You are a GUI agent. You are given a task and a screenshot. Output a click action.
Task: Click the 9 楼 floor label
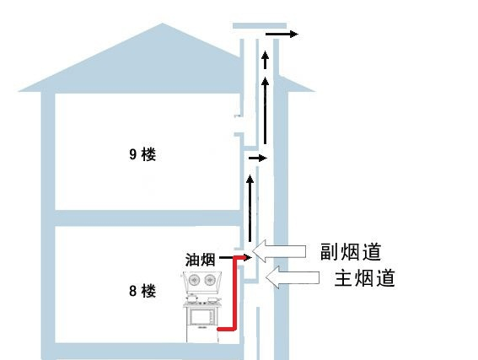tap(142, 154)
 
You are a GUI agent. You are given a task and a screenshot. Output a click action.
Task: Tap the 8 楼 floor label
tap(142, 291)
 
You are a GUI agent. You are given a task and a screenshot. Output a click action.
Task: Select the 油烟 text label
tap(201, 260)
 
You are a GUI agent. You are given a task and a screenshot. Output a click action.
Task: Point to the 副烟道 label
tap(351, 251)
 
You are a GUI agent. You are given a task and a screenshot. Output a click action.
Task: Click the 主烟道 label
tap(364, 277)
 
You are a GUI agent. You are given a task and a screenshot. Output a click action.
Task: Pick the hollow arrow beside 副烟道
tap(279, 251)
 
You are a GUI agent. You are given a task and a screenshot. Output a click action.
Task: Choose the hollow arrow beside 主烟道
tap(293, 277)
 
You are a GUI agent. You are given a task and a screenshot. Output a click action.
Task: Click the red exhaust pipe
tap(235, 293)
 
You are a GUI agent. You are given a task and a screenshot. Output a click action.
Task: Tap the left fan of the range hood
tap(194, 280)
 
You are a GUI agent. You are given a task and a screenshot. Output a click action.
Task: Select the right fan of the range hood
tap(210, 280)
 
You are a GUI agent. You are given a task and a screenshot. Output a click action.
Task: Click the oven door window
tap(201, 316)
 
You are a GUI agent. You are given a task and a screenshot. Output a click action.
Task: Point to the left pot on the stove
tap(191, 298)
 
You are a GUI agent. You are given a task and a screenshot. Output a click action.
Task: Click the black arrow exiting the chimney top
tap(282, 34)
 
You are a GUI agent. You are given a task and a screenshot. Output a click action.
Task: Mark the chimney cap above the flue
tap(260, 25)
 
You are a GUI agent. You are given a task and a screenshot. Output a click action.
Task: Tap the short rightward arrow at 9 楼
tap(258, 158)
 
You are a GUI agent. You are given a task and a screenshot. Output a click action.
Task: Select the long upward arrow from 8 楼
tap(250, 208)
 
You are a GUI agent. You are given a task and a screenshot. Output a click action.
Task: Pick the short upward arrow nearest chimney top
tap(266, 60)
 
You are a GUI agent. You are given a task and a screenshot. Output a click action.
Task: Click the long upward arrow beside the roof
tap(265, 110)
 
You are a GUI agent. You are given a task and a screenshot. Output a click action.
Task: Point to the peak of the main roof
tap(162, 23)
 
